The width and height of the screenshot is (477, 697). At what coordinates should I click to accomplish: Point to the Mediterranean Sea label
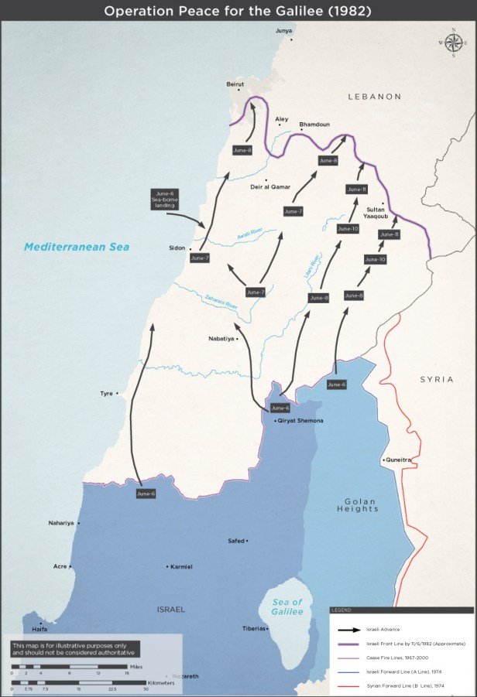[76, 247]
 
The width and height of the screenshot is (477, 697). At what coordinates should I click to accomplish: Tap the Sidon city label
[177, 248]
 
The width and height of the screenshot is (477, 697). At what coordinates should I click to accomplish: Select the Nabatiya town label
[221, 339]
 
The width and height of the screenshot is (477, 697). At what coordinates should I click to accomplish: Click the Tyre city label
[106, 393]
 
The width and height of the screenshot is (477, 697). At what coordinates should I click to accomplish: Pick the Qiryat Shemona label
[300, 420]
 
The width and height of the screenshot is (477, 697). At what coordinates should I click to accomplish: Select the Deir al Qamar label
[269, 187]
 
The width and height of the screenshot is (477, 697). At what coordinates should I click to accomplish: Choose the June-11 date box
[356, 190]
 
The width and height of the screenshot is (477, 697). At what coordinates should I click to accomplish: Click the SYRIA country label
[437, 379]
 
